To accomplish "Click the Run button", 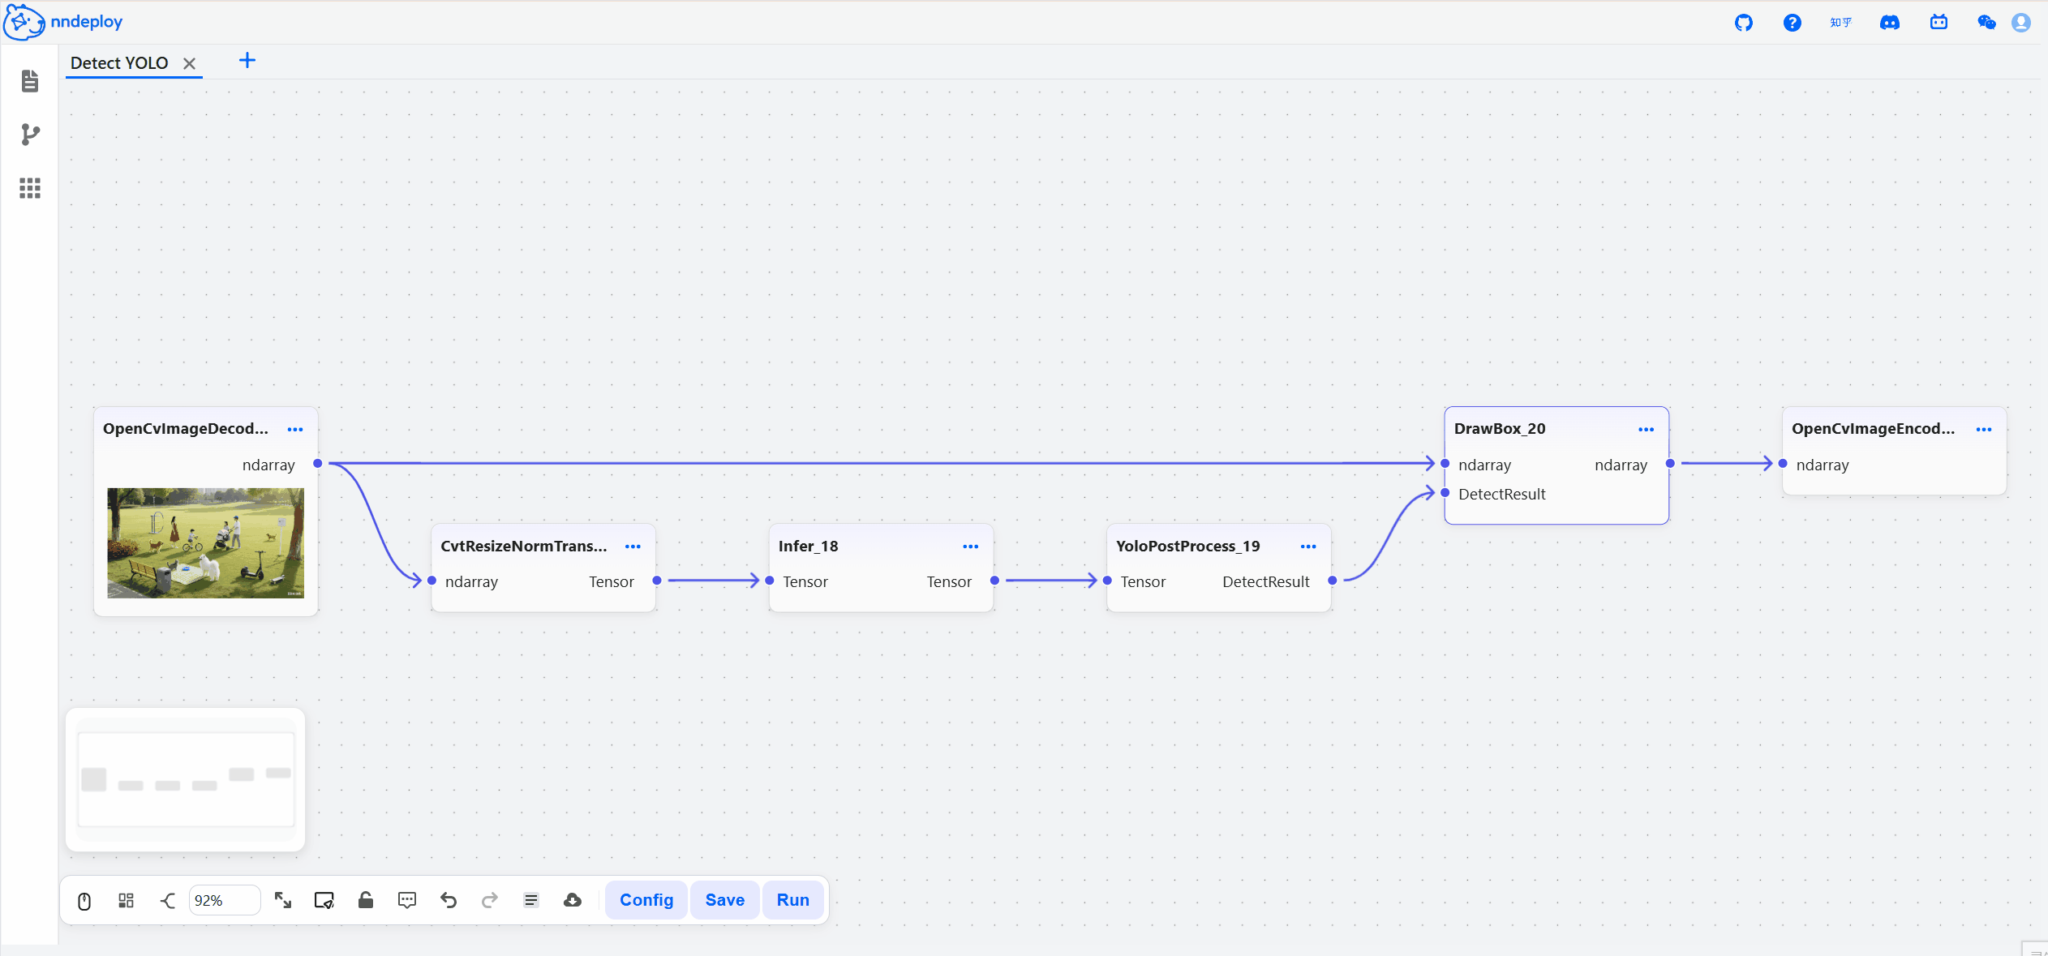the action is pos(792,900).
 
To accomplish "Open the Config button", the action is pos(646,900).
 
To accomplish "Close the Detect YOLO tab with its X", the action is pos(189,63).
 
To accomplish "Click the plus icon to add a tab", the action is pos(247,61).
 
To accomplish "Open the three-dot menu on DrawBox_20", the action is pos(1646,429).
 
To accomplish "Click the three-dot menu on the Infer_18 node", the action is pos(970,547).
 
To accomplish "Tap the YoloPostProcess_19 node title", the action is pos(1187,547).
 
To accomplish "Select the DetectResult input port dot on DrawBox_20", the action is pos(1445,493).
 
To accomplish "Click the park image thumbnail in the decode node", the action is pos(206,542).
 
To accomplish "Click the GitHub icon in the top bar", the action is pos(1744,23).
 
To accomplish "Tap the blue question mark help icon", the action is pos(1793,23).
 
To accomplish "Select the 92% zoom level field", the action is pos(225,900).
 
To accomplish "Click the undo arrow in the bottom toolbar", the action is pos(449,900).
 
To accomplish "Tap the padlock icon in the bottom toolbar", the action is pos(366,900).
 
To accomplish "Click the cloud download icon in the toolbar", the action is pos(573,900).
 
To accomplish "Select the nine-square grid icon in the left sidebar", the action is pos(30,188).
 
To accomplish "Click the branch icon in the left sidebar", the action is pos(30,135).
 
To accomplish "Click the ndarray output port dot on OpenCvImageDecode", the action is pos(318,464).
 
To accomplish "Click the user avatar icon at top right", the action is pos(2021,23).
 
